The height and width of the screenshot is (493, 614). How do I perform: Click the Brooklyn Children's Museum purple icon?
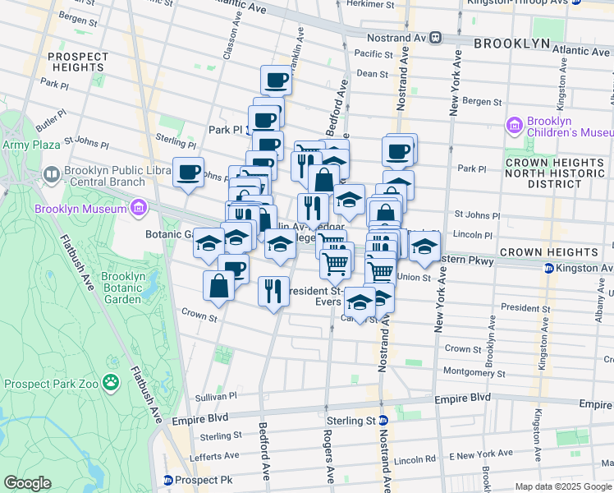pos(515,126)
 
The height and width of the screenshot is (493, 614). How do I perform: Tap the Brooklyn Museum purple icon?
pos(139,208)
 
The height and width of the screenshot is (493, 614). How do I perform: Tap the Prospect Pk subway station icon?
pos(169,479)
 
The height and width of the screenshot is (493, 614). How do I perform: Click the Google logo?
pos(27,482)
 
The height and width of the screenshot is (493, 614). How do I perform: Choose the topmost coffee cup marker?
pos(277,81)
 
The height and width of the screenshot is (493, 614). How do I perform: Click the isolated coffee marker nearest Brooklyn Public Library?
pos(189,173)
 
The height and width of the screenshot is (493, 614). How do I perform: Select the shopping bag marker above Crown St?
pos(219,286)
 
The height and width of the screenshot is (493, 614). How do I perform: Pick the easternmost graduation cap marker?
pos(424,246)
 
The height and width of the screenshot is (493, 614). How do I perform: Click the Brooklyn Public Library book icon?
pos(51,175)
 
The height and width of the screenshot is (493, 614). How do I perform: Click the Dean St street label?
pos(372,74)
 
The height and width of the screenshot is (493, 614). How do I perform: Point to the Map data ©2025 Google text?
pos(563,486)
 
